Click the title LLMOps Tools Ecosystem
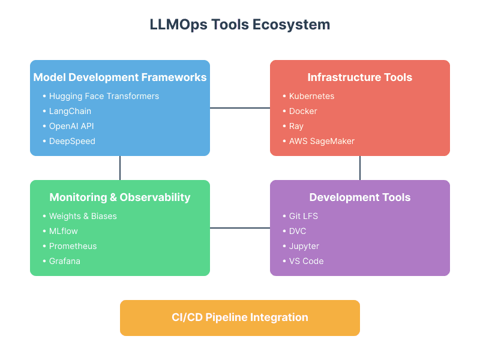pyautogui.click(x=240, y=25)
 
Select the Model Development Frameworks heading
pyautogui.click(x=120, y=77)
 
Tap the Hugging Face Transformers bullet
pyautogui.click(x=104, y=96)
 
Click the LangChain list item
pyautogui.click(x=70, y=111)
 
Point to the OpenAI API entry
pyautogui.click(x=71, y=126)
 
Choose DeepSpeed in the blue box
pyautogui.click(x=72, y=141)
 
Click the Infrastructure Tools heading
pyautogui.click(x=360, y=77)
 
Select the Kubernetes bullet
pyautogui.click(x=311, y=96)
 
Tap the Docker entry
pyautogui.click(x=303, y=111)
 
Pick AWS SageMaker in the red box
pyautogui.click(x=322, y=141)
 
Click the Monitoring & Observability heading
pyautogui.click(x=120, y=197)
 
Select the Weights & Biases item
pyautogui.click(x=83, y=216)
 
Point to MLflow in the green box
pyautogui.click(x=64, y=231)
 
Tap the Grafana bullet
pyautogui.click(x=65, y=261)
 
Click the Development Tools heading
pyautogui.click(x=360, y=197)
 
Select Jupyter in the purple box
pyautogui.click(x=304, y=246)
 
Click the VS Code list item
pyautogui.click(x=306, y=261)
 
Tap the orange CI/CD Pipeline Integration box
pyautogui.click(x=240, y=317)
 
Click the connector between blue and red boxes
pyautogui.click(x=240, y=108)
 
